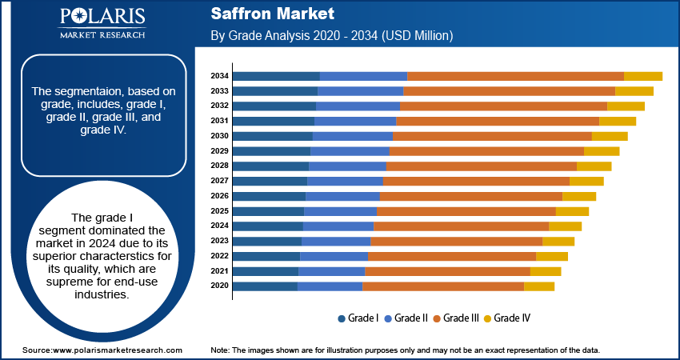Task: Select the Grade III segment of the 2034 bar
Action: tap(515, 76)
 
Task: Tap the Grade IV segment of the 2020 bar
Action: tap(538, 286)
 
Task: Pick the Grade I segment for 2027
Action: tap(270, 181)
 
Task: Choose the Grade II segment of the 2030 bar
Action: tap(353, 136)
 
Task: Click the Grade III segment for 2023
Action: tap(456, 241)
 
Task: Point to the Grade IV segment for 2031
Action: tap(617, 121)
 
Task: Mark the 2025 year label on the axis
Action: tap(220, 210)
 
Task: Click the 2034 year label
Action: tap(220, 76)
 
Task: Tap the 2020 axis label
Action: tap(220, 286)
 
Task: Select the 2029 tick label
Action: tap(220, 151)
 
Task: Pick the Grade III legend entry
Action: tap(456, 318)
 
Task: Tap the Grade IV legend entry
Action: tap(507, 318)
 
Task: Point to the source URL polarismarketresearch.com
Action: tap(118, 350)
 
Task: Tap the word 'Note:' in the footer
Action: tap(220, 350)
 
